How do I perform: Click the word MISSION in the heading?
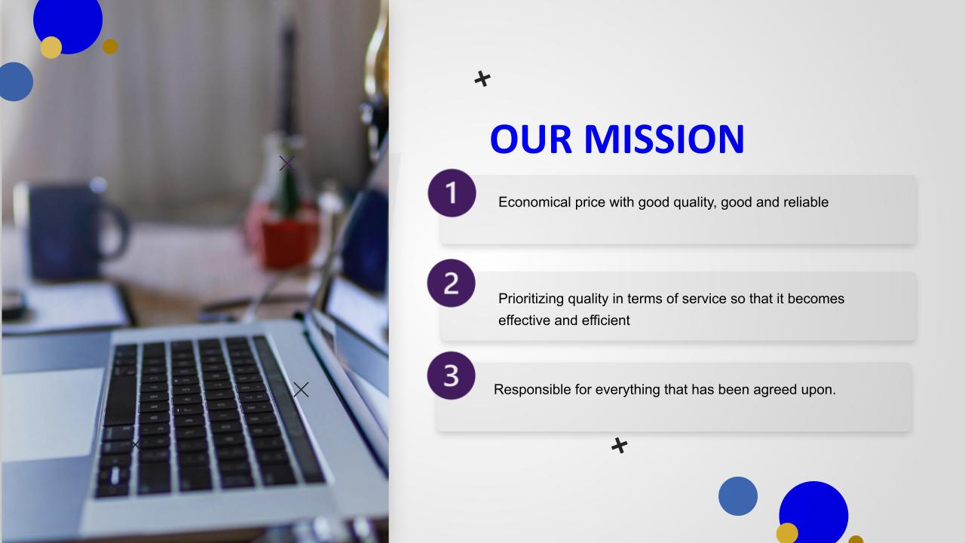664,139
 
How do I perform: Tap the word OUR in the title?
532,139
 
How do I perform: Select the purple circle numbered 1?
452,192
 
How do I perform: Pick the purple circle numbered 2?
451,283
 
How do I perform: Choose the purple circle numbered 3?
451,376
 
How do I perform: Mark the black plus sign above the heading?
482,79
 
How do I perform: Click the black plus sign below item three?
620,446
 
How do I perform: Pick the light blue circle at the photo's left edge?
17,82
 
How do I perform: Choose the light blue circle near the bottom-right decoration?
738,496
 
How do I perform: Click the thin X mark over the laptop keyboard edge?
301,390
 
